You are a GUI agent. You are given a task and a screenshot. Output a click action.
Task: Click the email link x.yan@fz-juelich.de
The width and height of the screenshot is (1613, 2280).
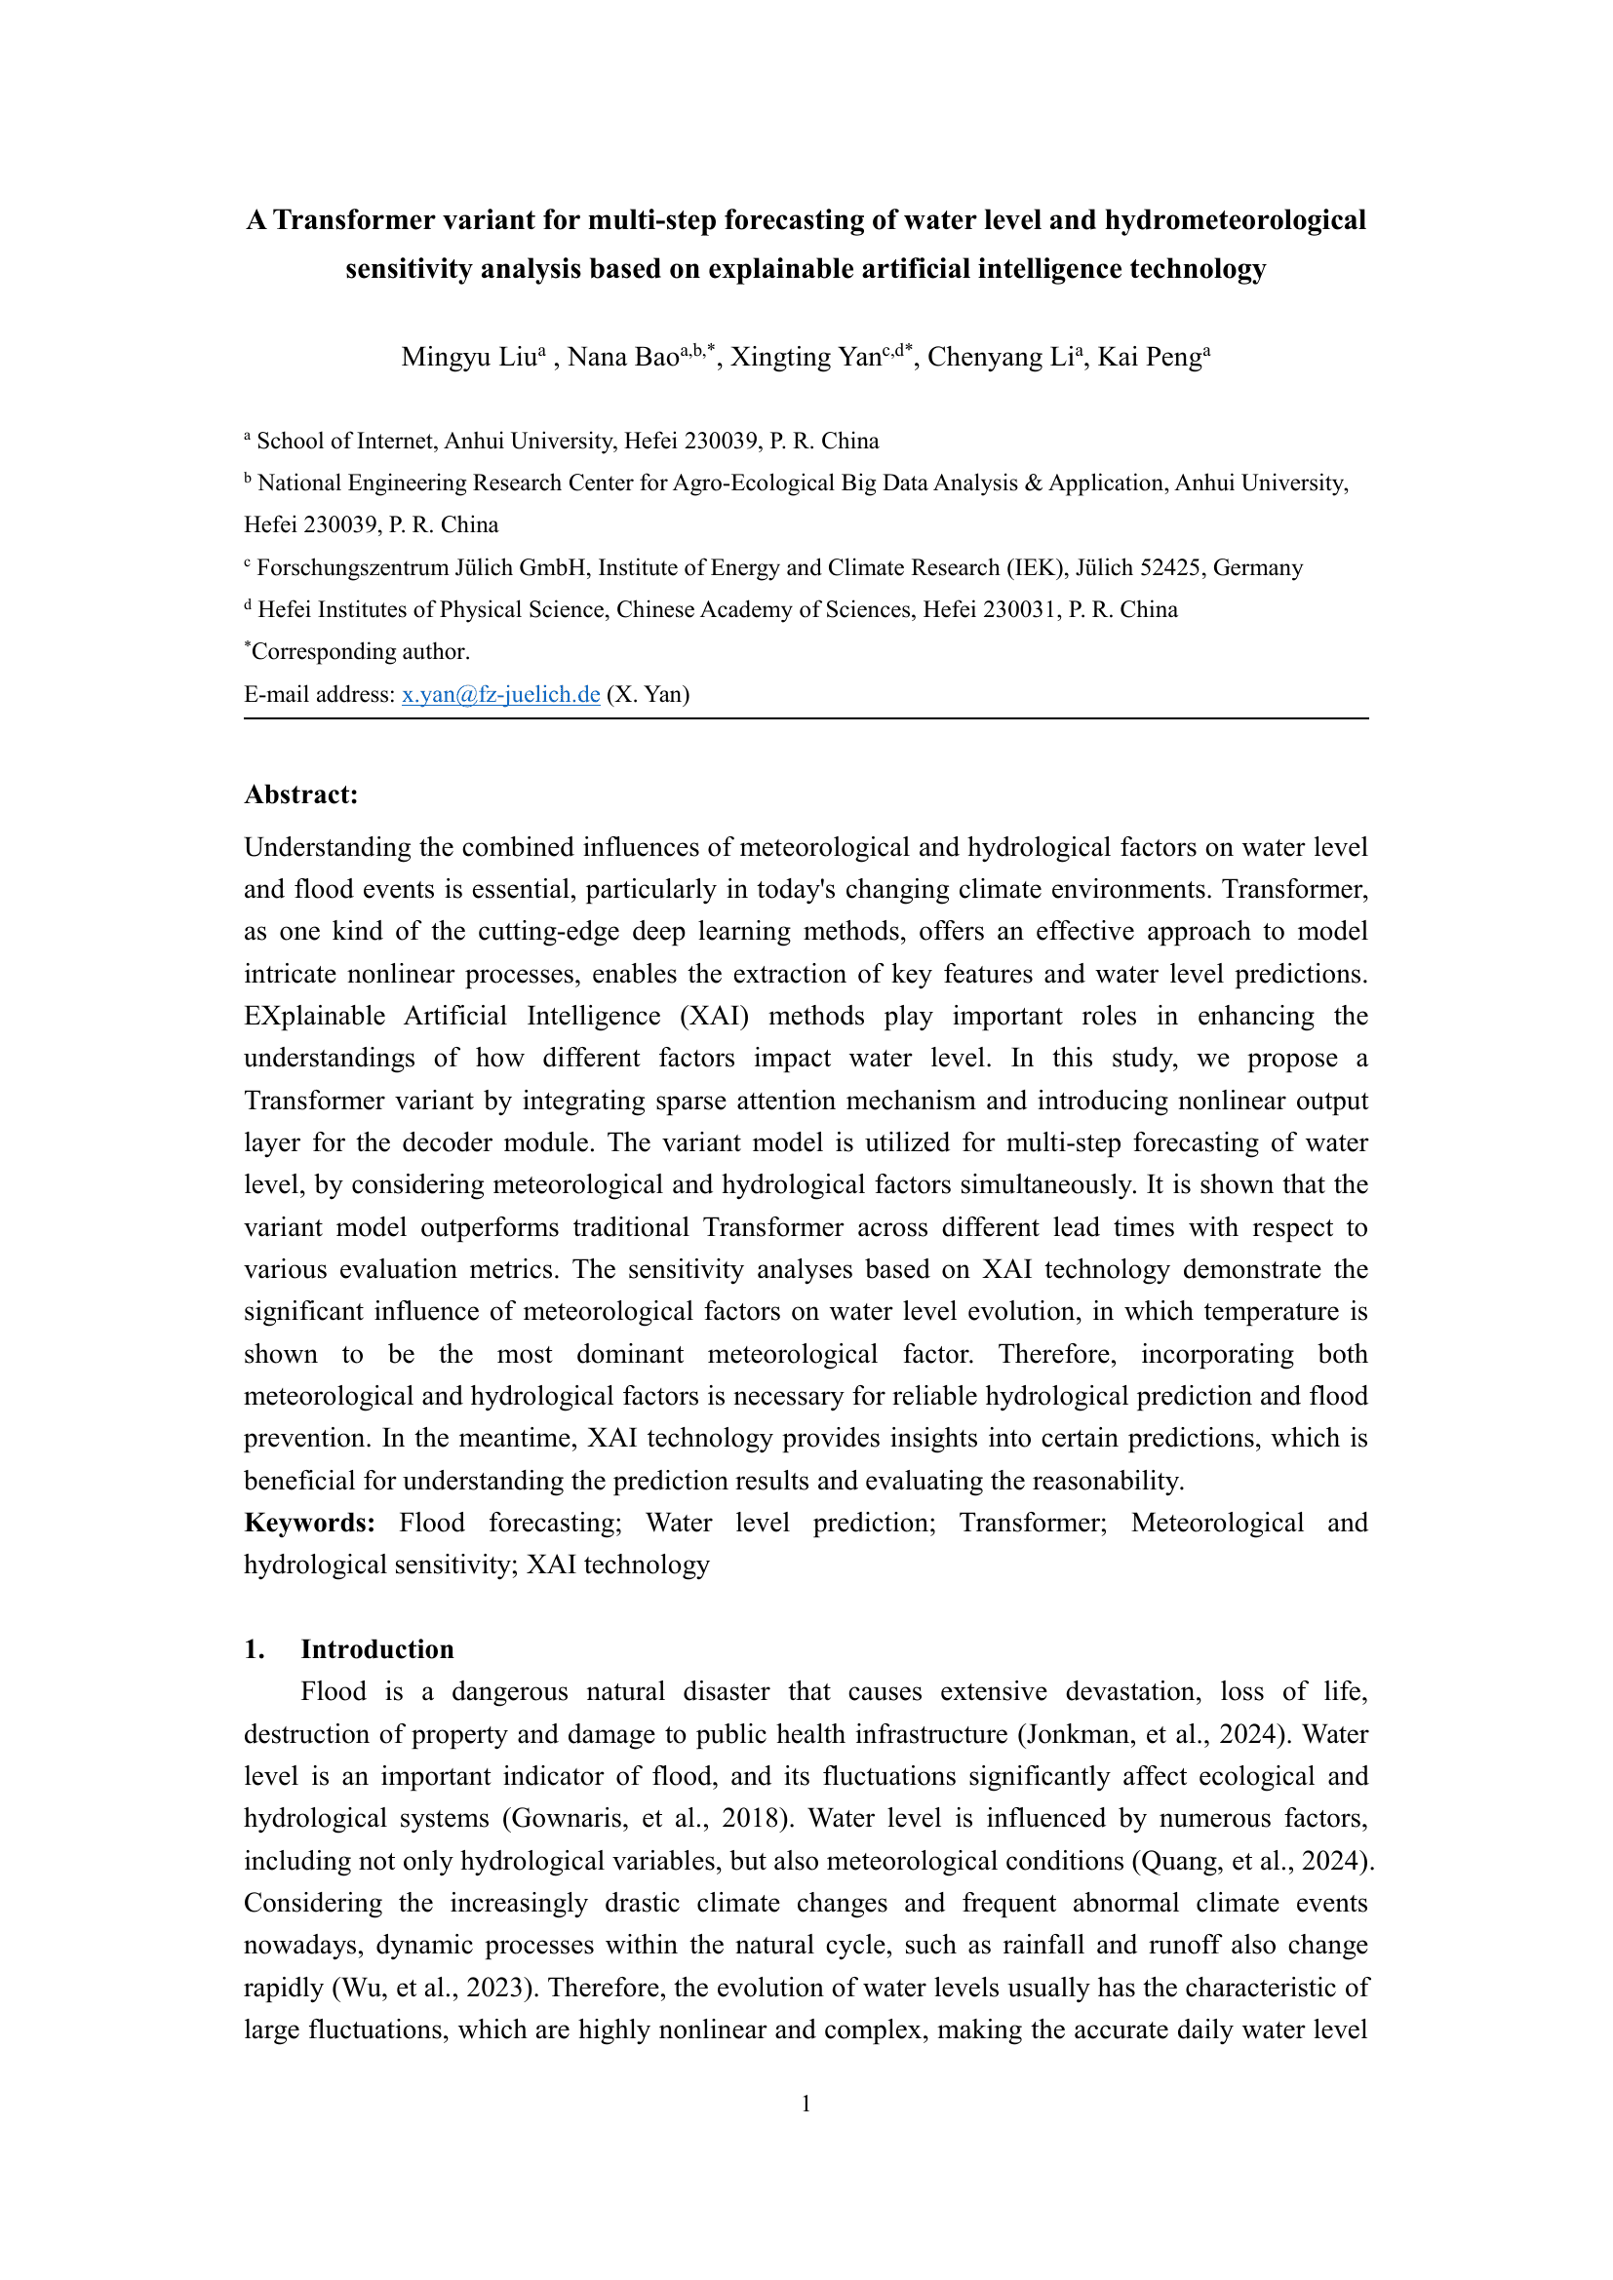(x=500, y=694)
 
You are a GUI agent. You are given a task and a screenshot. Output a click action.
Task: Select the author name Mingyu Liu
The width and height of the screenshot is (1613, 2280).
(x=469, y=358)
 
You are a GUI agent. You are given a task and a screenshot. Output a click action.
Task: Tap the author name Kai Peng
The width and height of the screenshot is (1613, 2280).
(x=1149, y=358)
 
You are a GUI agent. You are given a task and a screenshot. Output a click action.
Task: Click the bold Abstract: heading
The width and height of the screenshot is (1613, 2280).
(x=301, y=794)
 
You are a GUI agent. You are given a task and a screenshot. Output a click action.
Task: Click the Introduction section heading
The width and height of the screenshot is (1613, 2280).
(x=377, y=1649)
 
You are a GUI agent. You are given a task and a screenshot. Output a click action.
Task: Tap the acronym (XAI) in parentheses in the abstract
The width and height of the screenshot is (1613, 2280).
(x=714, y=1016)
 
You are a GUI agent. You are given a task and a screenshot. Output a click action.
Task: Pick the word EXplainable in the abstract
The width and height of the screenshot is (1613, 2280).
(x=315, y=1016)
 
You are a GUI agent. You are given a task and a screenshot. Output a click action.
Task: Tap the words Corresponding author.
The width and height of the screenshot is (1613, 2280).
(x=361, y=652)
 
